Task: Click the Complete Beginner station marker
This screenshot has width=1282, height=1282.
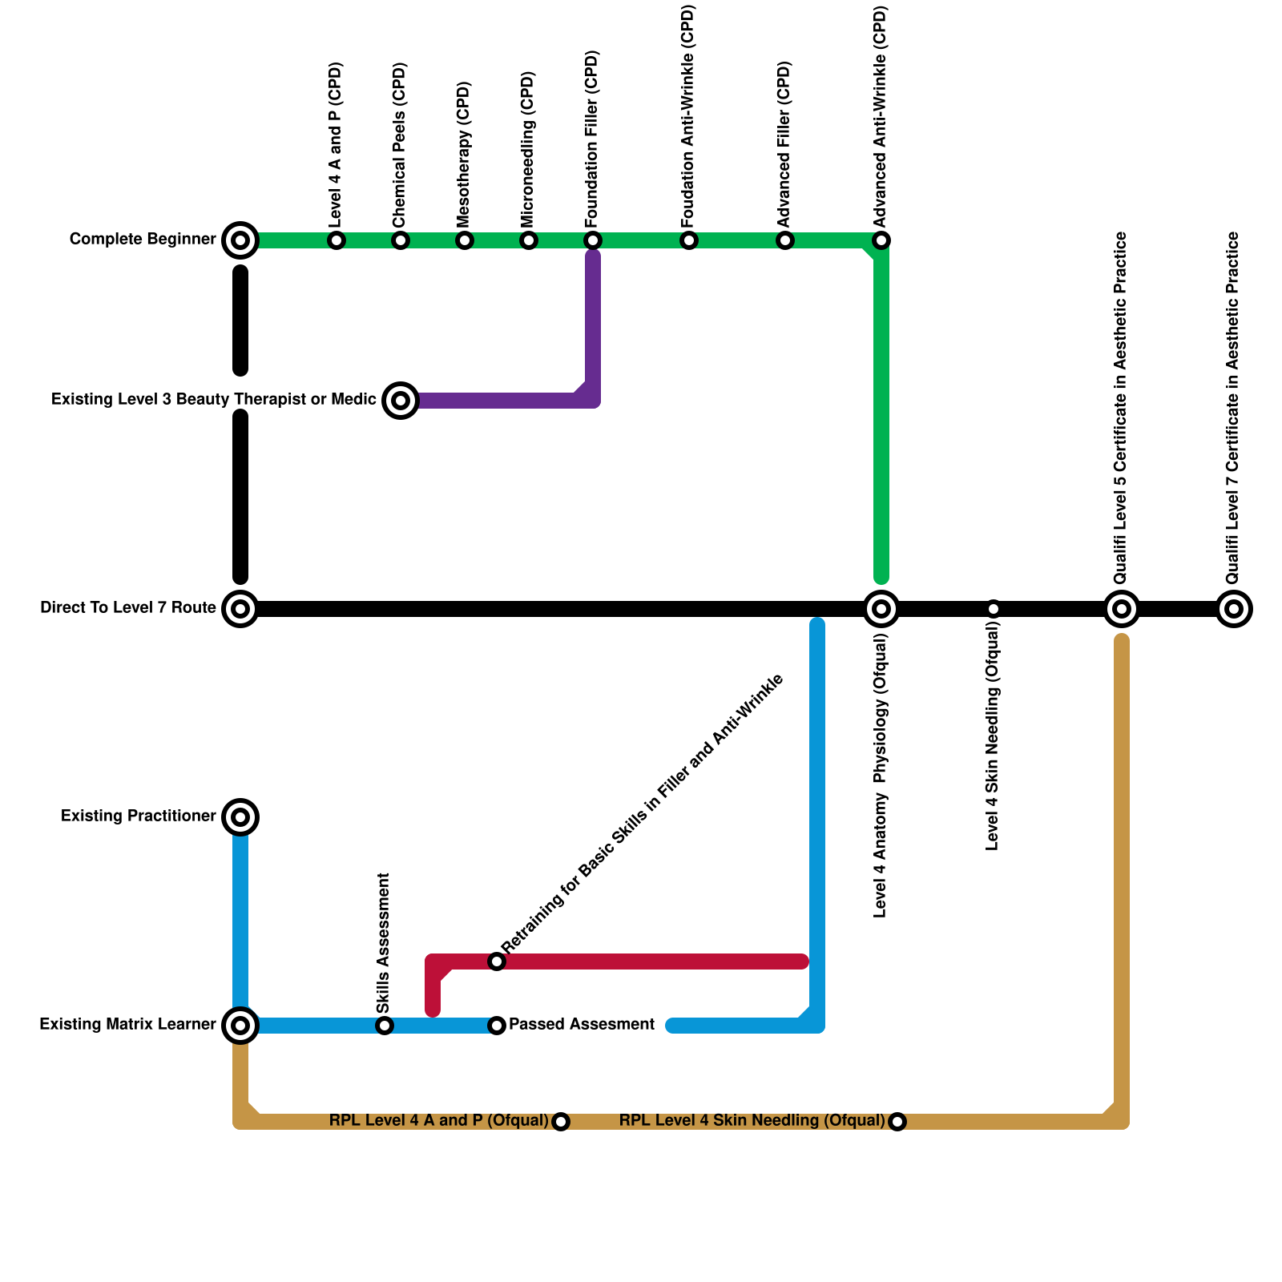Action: pos(240,240)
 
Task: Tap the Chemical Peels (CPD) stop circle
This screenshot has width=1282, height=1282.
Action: pos(401,240)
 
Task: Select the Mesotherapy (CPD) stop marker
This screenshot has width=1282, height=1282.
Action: pos(465,240)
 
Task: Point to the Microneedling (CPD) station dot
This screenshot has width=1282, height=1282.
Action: pos(529,240)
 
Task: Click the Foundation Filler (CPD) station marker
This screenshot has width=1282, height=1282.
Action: pos(593,240)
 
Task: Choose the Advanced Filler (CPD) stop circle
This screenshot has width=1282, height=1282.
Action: pos(785,240)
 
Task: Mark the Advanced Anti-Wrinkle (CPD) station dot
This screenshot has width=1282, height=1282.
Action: pos(881,240)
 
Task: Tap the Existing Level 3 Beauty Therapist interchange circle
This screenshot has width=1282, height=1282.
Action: pos(401,401)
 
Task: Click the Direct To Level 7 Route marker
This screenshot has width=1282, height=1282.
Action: pos(240,609)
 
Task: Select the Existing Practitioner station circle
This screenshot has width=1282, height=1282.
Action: pos(240,817)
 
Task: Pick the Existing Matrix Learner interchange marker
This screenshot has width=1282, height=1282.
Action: pos(240,1025)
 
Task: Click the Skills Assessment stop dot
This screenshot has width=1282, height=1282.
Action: pos(385,1026)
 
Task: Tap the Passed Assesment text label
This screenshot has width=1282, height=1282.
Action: pos(582,1025)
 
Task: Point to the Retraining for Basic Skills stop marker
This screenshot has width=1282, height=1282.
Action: pos(497,961)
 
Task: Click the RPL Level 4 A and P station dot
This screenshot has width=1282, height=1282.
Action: pos(561,1122)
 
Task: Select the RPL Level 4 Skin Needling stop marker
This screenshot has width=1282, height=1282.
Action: pos(897,1122)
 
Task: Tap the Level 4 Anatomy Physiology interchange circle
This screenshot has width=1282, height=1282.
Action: pos(881,609)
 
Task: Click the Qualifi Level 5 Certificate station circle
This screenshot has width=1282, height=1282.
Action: pos(1122,609)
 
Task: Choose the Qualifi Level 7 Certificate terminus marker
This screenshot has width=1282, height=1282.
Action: pos(1234,609)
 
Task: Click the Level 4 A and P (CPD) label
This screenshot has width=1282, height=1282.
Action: pos(336,144)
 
